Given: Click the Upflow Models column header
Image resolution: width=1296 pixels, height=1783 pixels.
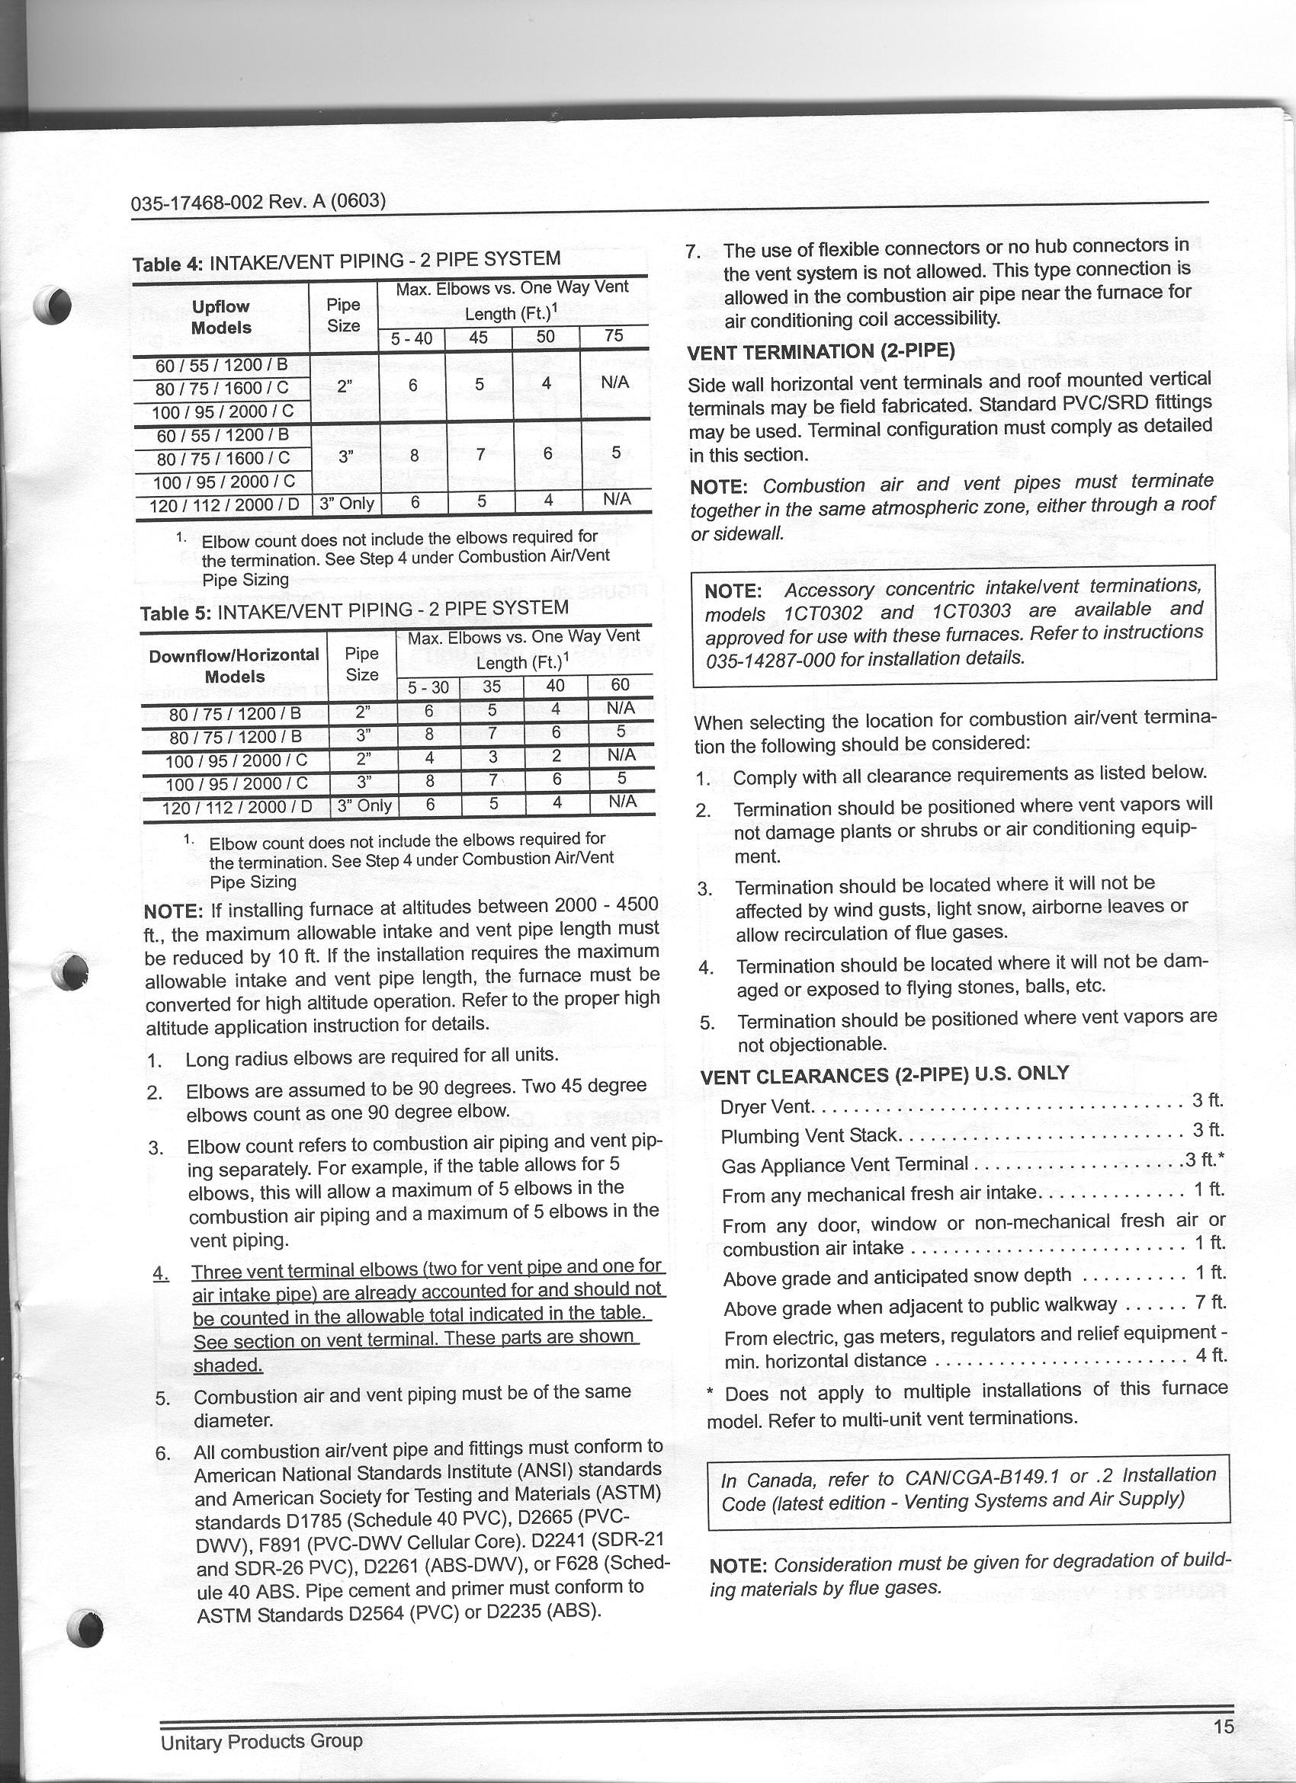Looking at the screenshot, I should tap(220, 317).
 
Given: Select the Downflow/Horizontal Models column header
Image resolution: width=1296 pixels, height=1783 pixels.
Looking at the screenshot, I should tap(234, 665).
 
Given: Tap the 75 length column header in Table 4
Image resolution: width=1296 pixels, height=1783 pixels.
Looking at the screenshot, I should tap(614, 337).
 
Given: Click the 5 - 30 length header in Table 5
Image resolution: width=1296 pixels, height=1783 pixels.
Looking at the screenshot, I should tap(428, 687).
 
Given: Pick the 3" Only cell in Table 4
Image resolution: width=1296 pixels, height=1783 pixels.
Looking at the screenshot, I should tap(346, 503).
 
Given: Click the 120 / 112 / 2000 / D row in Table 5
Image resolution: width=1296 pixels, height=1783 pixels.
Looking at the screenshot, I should tap(236, 807).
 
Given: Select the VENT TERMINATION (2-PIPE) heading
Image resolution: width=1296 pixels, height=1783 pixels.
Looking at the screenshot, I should tap(820, 351).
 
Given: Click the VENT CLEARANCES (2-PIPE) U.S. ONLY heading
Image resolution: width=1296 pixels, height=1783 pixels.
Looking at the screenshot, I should tap(884, 1074).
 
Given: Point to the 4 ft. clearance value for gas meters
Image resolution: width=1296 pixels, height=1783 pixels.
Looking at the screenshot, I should tap(1211, 1355).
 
